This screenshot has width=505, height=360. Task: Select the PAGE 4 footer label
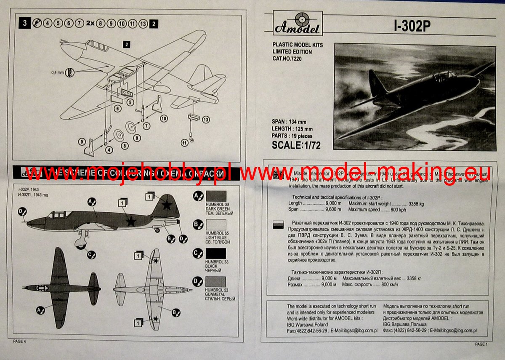coord(19,341)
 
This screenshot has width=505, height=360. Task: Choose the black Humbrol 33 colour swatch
coord(215,253)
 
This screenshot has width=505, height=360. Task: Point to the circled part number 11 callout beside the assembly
coord(184,143)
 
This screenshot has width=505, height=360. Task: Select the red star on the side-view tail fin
coord(167,205)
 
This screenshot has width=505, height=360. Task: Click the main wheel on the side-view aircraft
coord(80,242)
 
